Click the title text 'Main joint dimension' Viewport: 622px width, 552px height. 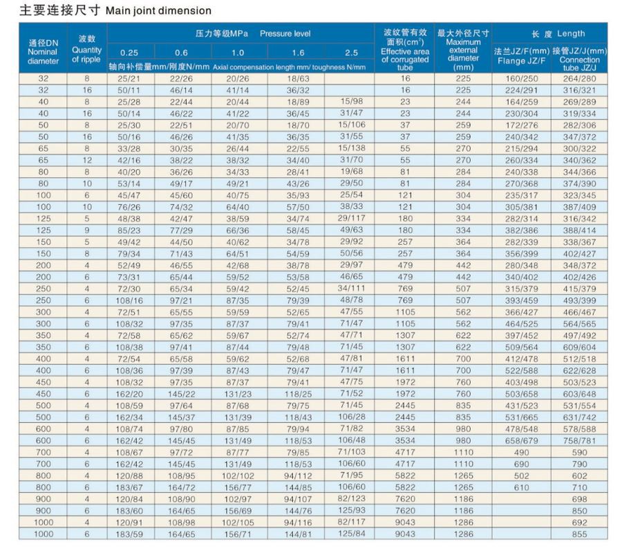click(x=158, y=10)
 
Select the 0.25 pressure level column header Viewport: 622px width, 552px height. click(x=129, y=52)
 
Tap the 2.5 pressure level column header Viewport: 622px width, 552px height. click(x=352, y=52)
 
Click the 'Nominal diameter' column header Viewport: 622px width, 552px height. click(x=43, y=56)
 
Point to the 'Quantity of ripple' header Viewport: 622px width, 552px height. click(x=86, y=55)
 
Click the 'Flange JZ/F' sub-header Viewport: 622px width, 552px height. click(x=521, y=61)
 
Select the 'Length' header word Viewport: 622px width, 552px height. click(x=571, y=33)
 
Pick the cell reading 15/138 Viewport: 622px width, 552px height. click(x=352, y=148)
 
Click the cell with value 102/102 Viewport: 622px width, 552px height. click(x=238, y=475)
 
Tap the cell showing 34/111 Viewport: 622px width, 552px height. click(x=352, y=288)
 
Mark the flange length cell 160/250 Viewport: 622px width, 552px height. click(x=521, y=79)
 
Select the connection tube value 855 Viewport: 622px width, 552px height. click(x=579, y=534)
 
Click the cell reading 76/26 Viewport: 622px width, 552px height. click(x=129, y=207)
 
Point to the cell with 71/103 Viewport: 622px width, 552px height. click(x=352, y=452)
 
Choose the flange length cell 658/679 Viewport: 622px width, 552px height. click(x=521, y=440)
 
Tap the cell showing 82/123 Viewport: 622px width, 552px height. click(x=352, y=499)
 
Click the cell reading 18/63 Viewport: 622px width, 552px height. click(x=298, y=79)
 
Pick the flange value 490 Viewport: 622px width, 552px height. click(x=521, y=452)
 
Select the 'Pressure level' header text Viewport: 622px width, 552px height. click(x=285, y=34)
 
